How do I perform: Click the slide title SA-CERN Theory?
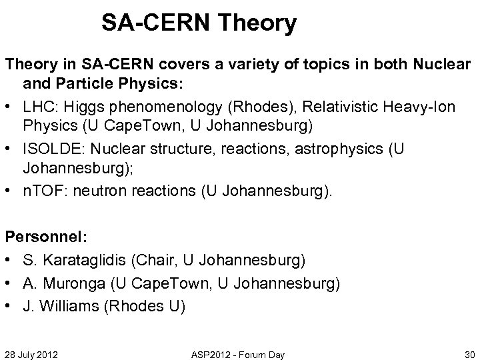(199, 24)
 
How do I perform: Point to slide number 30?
(468, 354)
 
